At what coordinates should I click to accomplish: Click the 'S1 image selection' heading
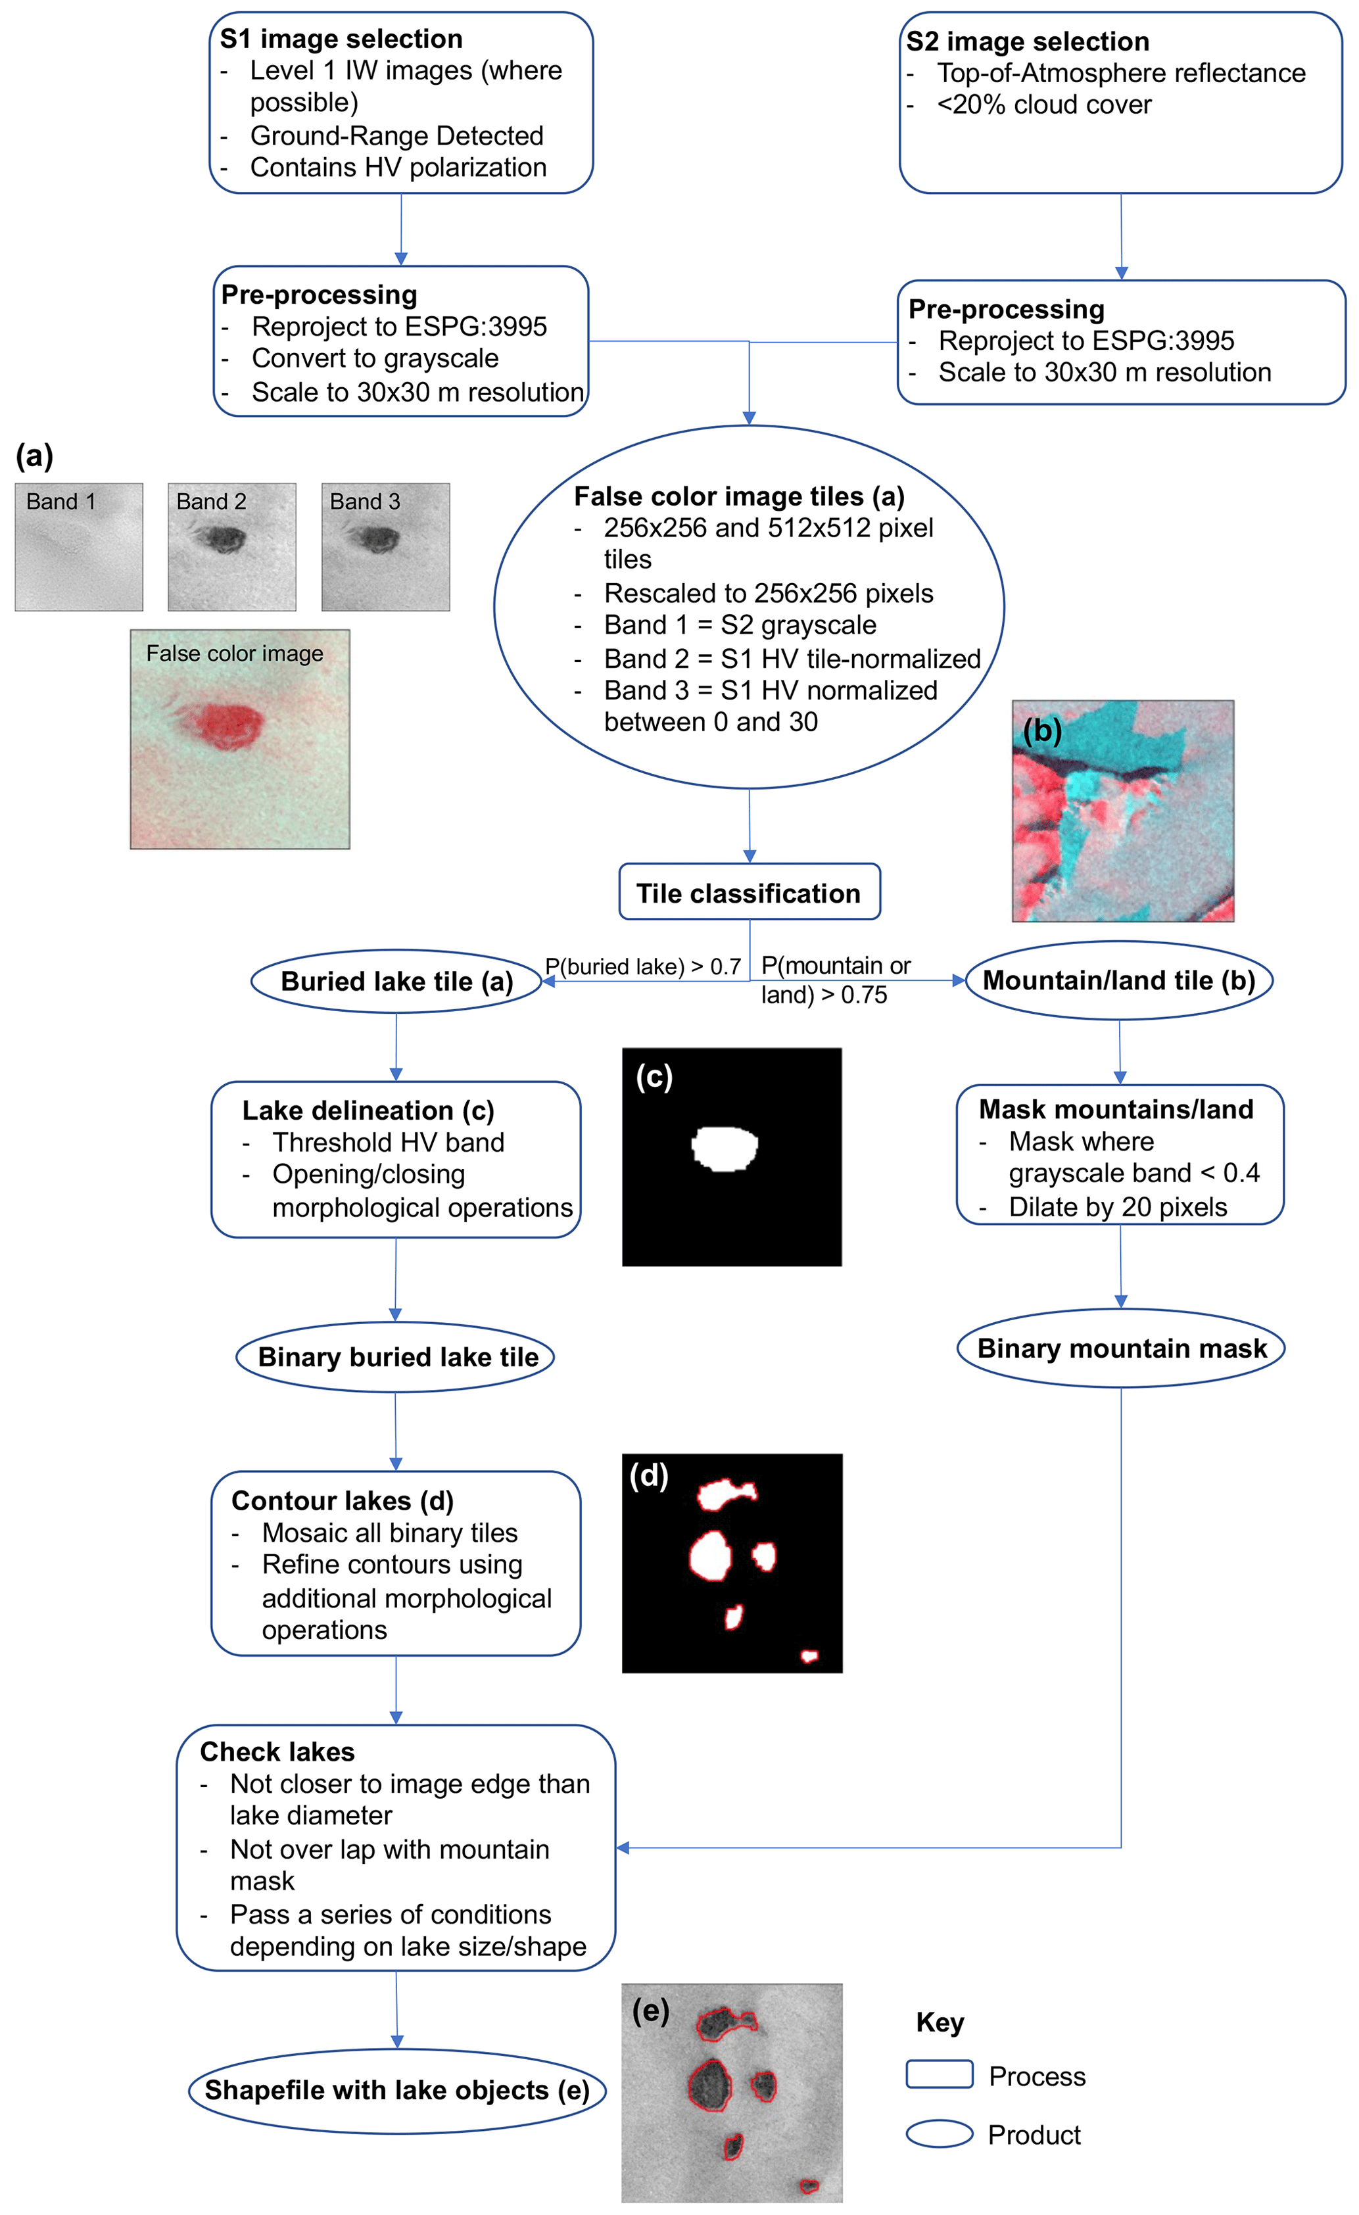[x=341, y=39]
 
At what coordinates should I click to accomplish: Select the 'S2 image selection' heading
[x=1028, y=41]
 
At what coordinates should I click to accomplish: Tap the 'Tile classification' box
[x=749, y=893]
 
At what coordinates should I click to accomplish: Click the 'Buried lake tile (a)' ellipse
[x=396, y=981]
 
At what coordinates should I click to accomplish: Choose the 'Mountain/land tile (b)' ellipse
[x=1119, y=980]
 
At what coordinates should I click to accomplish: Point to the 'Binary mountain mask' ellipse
[x=1121, y=1348]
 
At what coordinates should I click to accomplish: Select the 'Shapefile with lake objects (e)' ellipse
[x=396, y=2089]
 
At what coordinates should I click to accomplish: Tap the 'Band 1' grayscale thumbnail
[x=78, y=548]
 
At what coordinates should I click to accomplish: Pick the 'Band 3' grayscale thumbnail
[x=385, y=548]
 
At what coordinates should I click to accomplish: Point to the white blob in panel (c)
[x=725, y=1148]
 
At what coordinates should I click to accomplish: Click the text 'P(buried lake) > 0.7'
[x=642, y=966]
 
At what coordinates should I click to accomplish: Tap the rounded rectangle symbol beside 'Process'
[x=940, y=2074]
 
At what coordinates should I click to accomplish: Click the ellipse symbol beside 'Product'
[x=940, y=2134]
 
